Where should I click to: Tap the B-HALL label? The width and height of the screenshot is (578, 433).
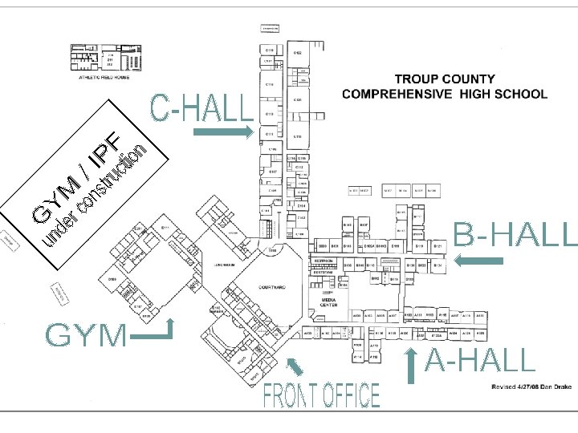515,234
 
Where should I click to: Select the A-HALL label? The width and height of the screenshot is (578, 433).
480,361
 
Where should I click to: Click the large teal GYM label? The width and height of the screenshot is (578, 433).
87,336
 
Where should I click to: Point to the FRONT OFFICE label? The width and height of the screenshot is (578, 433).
323,395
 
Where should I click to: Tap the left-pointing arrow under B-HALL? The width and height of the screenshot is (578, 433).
478,260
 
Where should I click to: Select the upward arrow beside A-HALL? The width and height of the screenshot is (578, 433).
410,366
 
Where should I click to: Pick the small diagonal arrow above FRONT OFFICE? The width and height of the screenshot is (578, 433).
295,367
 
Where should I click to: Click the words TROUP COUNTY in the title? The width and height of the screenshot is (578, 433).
445,80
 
